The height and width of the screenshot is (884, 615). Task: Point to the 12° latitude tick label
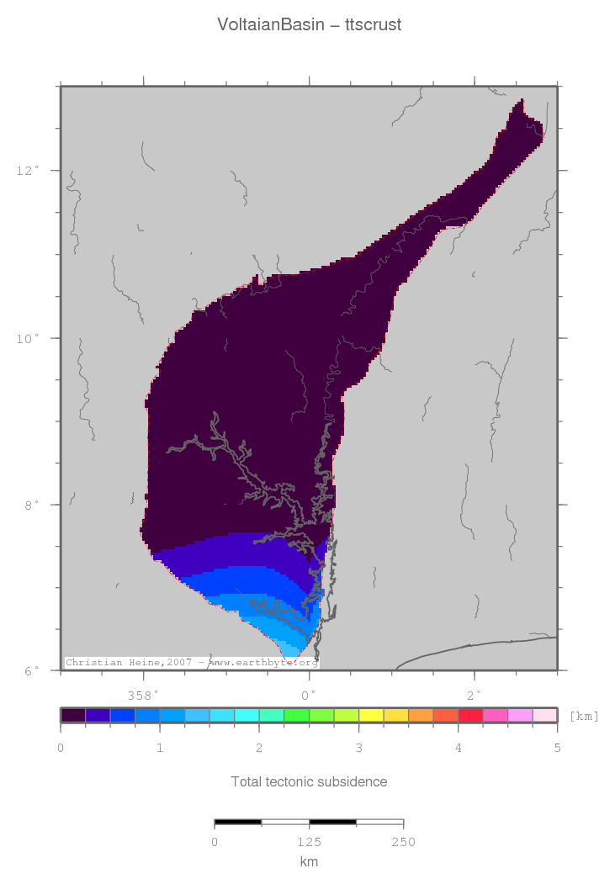(x=28, y=171)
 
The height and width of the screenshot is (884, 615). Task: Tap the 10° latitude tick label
(x=28, y=338)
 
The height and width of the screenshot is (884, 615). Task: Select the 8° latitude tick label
(x=31, y=505)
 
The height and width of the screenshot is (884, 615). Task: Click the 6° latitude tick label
(x=31, y=671)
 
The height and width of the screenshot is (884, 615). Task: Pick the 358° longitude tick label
(x=143, y=696)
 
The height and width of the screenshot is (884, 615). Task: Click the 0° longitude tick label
(x=309, y=696)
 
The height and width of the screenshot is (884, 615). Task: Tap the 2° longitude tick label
(x=475, y=696)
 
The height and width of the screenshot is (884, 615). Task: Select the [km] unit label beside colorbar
(x=584, y=716)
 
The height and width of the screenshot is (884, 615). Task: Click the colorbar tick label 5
(x=557, y=748)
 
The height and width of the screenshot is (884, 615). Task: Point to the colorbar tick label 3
(x=358, y=748)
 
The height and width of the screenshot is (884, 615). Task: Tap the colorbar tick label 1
(x=160, y=748)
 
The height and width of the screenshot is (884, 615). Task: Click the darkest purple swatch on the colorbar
(x=73, y=715)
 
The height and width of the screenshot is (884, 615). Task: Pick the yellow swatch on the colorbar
(x=371, y=715)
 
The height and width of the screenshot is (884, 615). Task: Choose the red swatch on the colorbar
(x=470, y=715)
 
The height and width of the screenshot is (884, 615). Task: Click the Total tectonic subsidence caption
(x=309, y=782)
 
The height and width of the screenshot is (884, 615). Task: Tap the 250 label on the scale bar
(x=403, y=842)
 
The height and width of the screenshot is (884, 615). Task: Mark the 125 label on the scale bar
(x=309, y=842)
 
